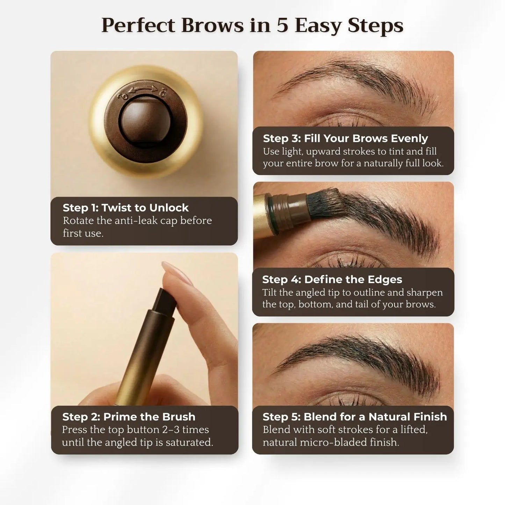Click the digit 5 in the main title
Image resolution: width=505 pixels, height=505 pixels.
[282, 26]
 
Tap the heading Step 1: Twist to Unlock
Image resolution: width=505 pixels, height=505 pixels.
[125, 208]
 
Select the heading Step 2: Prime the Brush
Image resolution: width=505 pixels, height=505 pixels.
[129, 417]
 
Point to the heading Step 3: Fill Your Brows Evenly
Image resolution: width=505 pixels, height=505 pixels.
[345, 138]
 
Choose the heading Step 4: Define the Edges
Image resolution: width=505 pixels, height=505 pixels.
[332, 280]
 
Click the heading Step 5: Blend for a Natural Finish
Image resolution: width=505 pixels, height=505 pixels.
[355, 417]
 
